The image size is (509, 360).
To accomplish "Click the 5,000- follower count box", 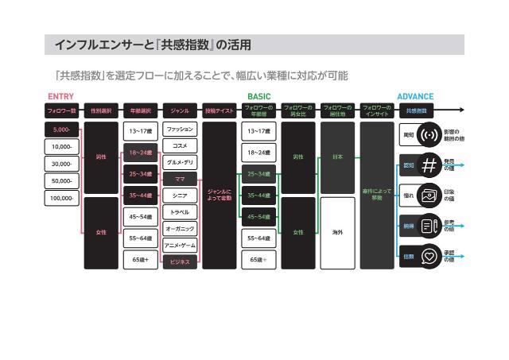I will click(61, 129).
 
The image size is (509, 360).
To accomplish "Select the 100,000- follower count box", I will click(61, 198).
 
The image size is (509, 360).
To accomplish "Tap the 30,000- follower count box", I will click(61, 164).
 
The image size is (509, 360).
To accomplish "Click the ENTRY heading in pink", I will click(61, 97).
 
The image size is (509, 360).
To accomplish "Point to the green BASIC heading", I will click(258, 97).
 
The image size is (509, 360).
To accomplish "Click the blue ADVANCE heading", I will click(415, 97).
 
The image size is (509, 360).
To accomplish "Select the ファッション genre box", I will click(180, 128).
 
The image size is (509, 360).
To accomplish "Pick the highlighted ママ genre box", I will click(180, 179).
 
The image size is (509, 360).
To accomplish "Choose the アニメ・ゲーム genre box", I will click(180, 246).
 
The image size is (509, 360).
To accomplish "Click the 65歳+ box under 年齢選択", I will click(141, 260).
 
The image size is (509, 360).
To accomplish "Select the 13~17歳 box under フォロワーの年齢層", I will click(258, 130).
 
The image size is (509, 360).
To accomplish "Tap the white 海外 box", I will click(337, 232).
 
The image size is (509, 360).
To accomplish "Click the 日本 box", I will click(337, 157).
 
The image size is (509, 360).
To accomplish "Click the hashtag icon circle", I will click(430, 165).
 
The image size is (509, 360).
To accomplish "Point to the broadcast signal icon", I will click(430, 134).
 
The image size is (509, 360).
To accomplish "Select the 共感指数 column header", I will click(415, 111).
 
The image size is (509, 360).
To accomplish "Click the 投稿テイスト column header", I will click(219, 111).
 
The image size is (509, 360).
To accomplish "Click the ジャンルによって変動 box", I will click(219, 195).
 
